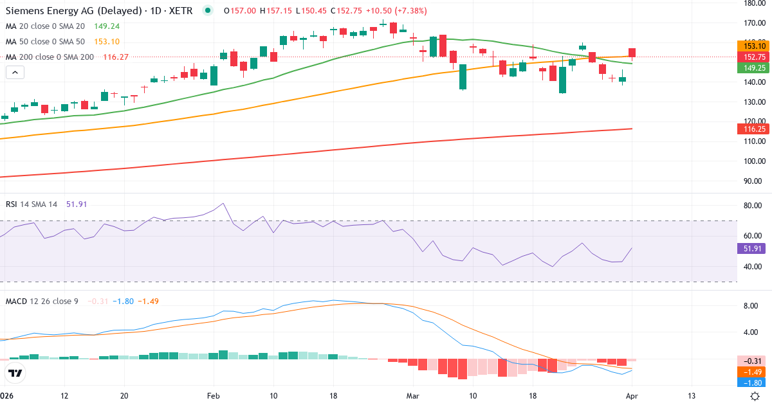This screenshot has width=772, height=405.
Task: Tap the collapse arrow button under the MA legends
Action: (15, 73)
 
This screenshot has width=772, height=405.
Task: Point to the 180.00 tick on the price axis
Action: (752, 3)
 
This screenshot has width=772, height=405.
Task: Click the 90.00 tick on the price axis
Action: (752, 181)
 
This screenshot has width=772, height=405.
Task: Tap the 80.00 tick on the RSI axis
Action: (752, 206)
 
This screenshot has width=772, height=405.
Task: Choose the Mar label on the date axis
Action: (413, 395)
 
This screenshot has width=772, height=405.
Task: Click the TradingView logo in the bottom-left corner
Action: (15, 372)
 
